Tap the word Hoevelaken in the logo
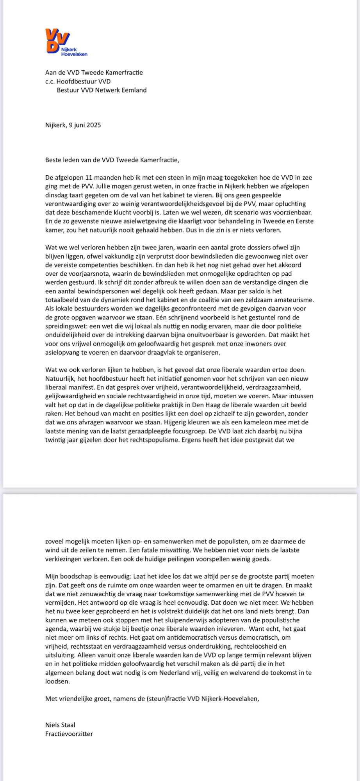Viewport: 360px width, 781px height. [74, 54]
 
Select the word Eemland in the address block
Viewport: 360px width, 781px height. [135, 90]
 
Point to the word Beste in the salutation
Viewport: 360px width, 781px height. [53, 160]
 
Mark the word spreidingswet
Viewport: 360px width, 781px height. [64, 326]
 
